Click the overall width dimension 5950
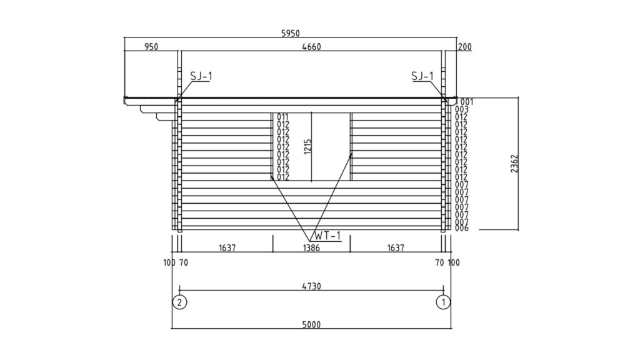pos(290,34)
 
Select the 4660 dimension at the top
pos(311,47)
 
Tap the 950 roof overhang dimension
pos(151,47)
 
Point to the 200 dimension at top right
pos(464,47)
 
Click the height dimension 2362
pos(514,163)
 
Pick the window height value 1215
pos(307,146)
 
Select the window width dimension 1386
pos(311,247)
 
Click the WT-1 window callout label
pos(327,236)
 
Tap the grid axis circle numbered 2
pos(179,302)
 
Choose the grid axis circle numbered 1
pos(443,302)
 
